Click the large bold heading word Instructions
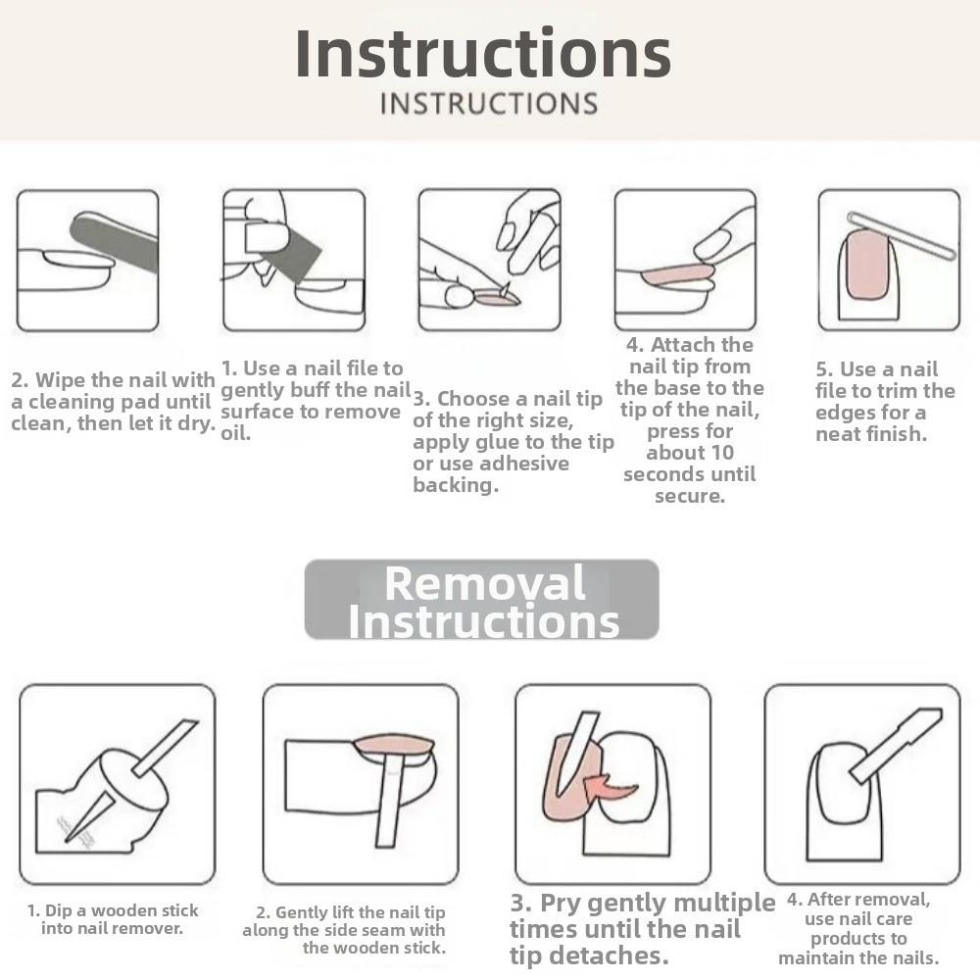coord(482,54)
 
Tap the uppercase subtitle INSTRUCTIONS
coord(489,104)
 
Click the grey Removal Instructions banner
coord(481,600)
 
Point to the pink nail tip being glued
coord(497,299)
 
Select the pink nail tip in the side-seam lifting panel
coord(394,746)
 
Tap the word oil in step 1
coord(235,432)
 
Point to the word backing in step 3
coord(456,485)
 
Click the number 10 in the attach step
coord(721,453)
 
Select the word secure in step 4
coord(690,496)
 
